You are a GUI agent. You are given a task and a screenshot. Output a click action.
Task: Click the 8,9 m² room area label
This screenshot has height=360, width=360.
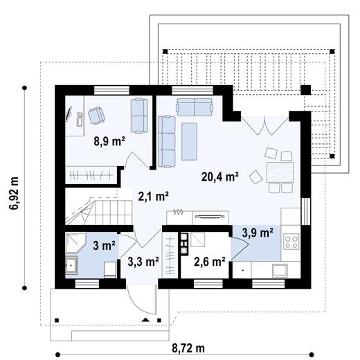[x=109, y=141]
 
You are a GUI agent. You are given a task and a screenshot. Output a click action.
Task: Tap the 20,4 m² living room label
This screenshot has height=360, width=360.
[x=220, y=177]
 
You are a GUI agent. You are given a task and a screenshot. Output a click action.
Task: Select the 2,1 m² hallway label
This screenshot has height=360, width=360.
[x=153, y=197]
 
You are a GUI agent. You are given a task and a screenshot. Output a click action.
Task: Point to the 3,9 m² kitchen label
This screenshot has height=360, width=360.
[x=258, y=233]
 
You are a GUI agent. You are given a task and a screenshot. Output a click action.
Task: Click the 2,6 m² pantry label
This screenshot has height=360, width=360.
[x=210, y=262]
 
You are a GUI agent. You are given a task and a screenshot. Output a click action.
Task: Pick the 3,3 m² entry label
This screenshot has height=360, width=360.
[x=143, y=262]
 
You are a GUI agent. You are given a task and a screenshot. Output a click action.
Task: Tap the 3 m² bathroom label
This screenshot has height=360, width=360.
[x=105, y=246]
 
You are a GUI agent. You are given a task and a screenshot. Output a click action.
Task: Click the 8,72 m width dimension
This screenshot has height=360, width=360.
[x=188, y=348]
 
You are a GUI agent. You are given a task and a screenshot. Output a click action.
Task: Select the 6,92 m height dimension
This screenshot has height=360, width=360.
[x=14, y=193]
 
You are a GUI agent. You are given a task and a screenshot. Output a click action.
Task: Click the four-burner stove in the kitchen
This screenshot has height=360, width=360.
[x=291, y=241]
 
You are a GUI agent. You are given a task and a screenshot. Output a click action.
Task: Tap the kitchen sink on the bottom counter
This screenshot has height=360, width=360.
[x=280, y=270]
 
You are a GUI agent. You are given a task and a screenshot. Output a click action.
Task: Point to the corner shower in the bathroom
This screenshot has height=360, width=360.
[x=76, y=243]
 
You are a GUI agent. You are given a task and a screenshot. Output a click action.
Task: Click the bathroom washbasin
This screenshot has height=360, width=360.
[x=71, y=265]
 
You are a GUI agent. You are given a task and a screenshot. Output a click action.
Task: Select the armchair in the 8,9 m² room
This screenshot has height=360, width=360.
[x=96, y=116]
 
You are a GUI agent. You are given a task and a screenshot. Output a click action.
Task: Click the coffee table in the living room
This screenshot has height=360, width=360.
[x=189, y=141]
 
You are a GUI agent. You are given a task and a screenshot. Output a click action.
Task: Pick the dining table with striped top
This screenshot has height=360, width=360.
[x=280, y=172]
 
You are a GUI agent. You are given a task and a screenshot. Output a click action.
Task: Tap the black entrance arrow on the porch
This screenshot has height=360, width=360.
[x=145, y=320]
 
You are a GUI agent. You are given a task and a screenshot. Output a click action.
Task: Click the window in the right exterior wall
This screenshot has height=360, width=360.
[x=305, y=211]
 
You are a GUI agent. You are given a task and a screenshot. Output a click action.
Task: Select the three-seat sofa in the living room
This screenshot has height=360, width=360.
[x=167, y=141]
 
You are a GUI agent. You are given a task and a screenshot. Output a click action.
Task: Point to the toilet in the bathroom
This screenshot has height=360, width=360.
[x=110, y=269]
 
